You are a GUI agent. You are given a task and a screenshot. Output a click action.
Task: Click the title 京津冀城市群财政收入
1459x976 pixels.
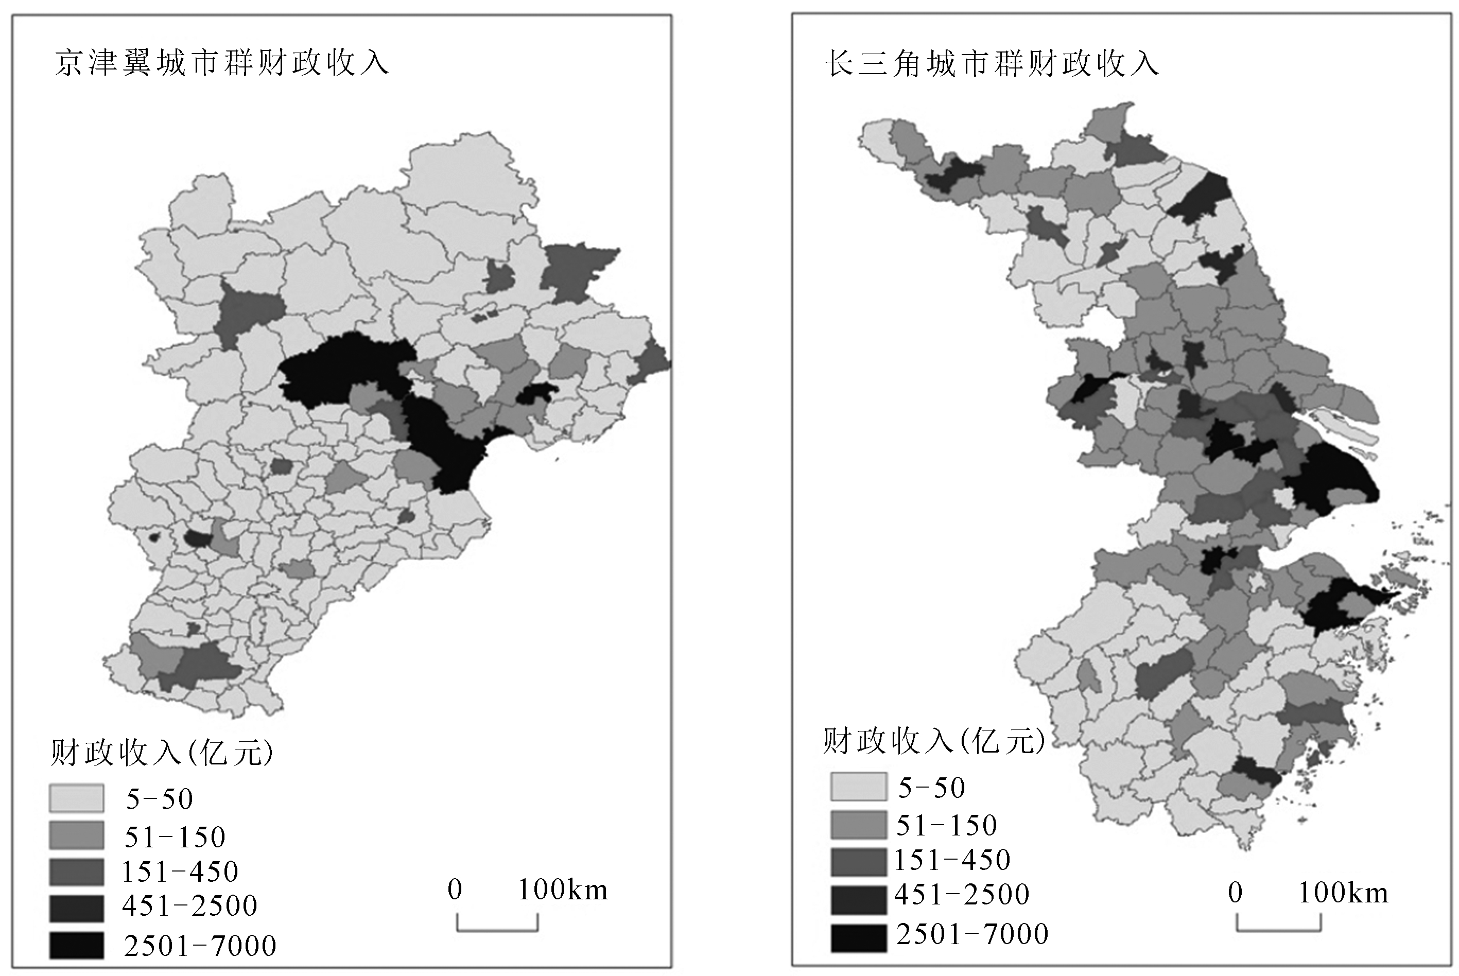tap(221, 63)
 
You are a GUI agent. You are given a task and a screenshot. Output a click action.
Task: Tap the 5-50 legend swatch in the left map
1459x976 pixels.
tap(77, 798)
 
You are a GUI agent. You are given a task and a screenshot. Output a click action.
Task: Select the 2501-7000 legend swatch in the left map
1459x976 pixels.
tap(77, 945)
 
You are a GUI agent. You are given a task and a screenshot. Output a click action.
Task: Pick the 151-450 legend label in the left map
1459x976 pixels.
tap(180, 872)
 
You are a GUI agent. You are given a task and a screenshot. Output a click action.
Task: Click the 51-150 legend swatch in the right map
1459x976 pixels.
tap(858, 825)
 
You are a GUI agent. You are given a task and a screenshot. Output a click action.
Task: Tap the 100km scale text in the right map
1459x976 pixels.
tap(1343, 893)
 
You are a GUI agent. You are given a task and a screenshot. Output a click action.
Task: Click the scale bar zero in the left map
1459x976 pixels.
tap(455, 890)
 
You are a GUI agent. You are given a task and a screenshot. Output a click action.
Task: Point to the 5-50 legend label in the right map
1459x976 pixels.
tap(932, 788)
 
